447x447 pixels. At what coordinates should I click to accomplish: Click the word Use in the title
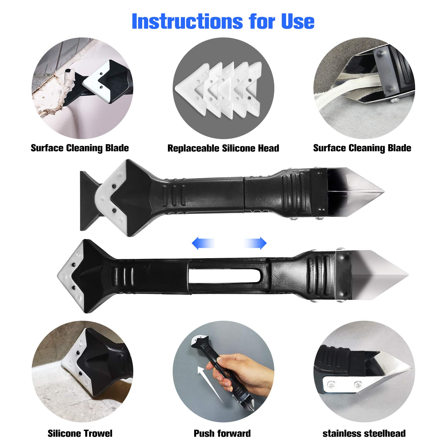coord(298,21)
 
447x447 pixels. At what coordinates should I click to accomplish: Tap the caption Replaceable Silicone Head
coord(223,148)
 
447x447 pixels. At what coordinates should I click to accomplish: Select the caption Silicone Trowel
coord(80,433)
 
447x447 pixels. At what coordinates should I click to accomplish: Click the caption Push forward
coord(222,433)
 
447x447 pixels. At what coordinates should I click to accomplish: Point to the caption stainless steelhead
coord(364,433)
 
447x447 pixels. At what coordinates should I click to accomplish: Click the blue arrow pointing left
coord(203,243)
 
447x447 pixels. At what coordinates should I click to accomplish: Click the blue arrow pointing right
coord(255,243)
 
